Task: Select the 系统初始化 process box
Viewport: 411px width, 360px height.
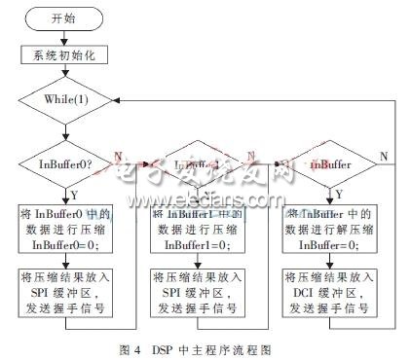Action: pyautogui.click(x=61, y=54)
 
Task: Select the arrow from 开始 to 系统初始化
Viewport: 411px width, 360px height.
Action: pyautogui.click(x=61, y=37)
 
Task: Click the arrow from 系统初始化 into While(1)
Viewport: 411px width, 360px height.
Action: pyautogui.click(x=61, y=75)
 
